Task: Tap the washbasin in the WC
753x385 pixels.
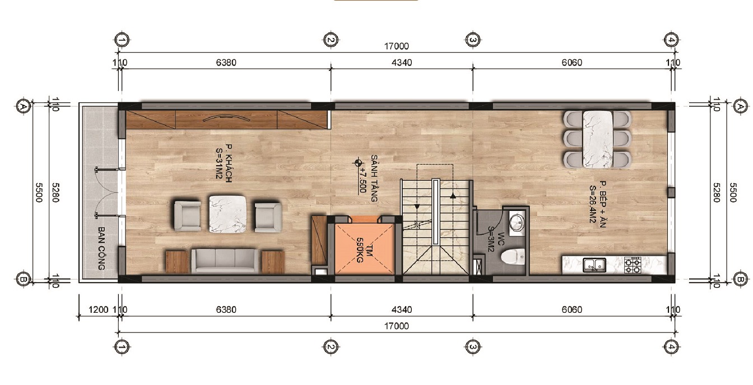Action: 517,222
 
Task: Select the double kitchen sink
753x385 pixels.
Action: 594,265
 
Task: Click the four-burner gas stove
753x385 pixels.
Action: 632,265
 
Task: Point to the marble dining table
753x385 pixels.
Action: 598,139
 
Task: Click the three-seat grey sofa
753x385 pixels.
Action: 225,260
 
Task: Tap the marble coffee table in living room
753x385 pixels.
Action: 227,214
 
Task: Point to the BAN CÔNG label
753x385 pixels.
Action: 101,248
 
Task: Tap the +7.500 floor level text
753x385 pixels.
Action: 362,180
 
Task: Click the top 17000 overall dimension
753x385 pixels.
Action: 397,46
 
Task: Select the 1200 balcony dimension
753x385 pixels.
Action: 99,309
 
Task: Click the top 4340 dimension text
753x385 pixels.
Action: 402,63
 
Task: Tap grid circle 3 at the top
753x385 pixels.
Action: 473,40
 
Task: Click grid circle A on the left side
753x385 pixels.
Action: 23,107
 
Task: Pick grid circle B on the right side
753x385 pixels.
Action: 740,279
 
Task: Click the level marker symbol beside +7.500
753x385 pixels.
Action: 357,163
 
